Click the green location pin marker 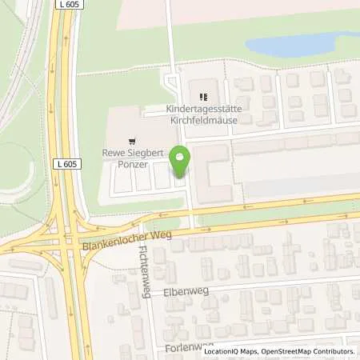180,162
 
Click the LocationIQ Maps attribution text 233,351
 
